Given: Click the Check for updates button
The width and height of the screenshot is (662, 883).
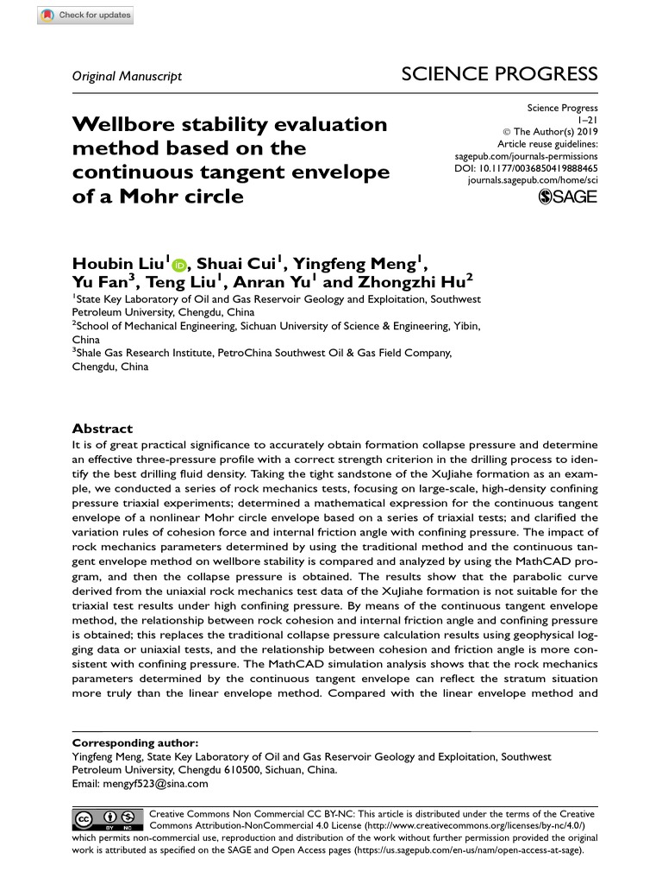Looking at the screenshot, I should tap(87, 16).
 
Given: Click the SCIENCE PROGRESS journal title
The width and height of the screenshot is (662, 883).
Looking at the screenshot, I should tap(499, 74).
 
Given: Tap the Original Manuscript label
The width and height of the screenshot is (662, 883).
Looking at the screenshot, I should tap(127, 76).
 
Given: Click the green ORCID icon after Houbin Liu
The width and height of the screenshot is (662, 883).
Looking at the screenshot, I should tap(179, 266).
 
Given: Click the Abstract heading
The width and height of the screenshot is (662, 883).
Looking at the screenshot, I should tap(103, 429).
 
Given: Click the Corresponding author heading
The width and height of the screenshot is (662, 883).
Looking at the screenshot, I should tap(134, 742).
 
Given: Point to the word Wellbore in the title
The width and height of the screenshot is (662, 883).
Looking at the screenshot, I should tap(123, 124).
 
